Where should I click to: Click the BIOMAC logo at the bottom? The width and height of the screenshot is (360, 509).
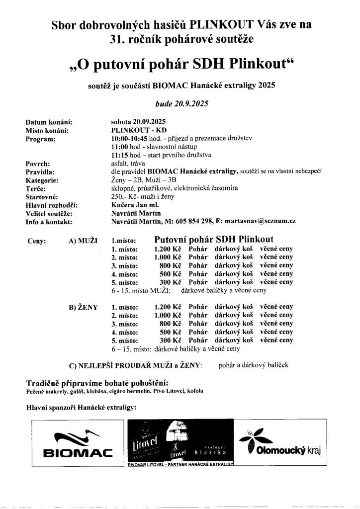(x=79, y=445)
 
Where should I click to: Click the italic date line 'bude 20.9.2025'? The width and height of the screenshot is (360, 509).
(x=182, y=104)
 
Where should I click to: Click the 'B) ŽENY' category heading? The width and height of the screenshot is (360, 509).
(x=83, y=307)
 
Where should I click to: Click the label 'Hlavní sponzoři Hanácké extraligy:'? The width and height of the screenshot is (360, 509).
(x=81, y=408)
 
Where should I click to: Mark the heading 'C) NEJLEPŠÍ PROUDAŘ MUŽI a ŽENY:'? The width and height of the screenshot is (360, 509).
(x=136, y=366)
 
